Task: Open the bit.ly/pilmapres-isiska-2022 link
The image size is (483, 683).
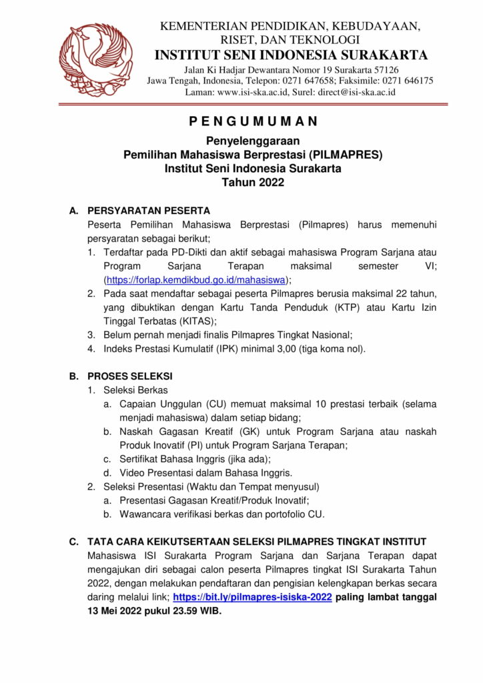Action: pos(252,598)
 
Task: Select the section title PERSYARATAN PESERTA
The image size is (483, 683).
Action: pos(149,211)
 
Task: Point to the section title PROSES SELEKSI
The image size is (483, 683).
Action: pos(130,376)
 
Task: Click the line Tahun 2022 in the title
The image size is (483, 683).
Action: pos(253,182)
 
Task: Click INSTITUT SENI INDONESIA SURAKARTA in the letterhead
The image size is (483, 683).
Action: pos(290,55)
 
